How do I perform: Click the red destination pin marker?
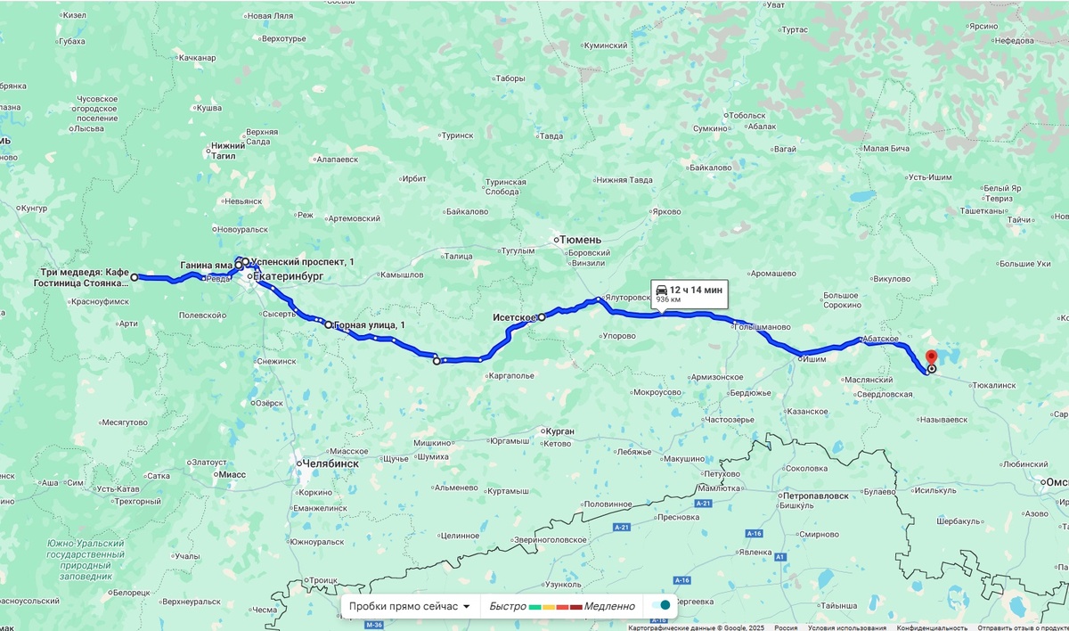click(932, 357)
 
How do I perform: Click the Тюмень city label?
click(582, 240)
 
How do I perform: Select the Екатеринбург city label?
click(289, 277)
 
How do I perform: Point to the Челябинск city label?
click(330, 463)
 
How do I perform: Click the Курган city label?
click(560, 431)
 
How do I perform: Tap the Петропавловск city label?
click(815, 495)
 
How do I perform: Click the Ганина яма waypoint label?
click(206, 266)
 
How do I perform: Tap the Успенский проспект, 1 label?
click(303, 261)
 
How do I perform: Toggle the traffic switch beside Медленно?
click(660, 606)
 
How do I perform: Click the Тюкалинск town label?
click(994, 385)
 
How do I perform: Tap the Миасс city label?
click(231, 475)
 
